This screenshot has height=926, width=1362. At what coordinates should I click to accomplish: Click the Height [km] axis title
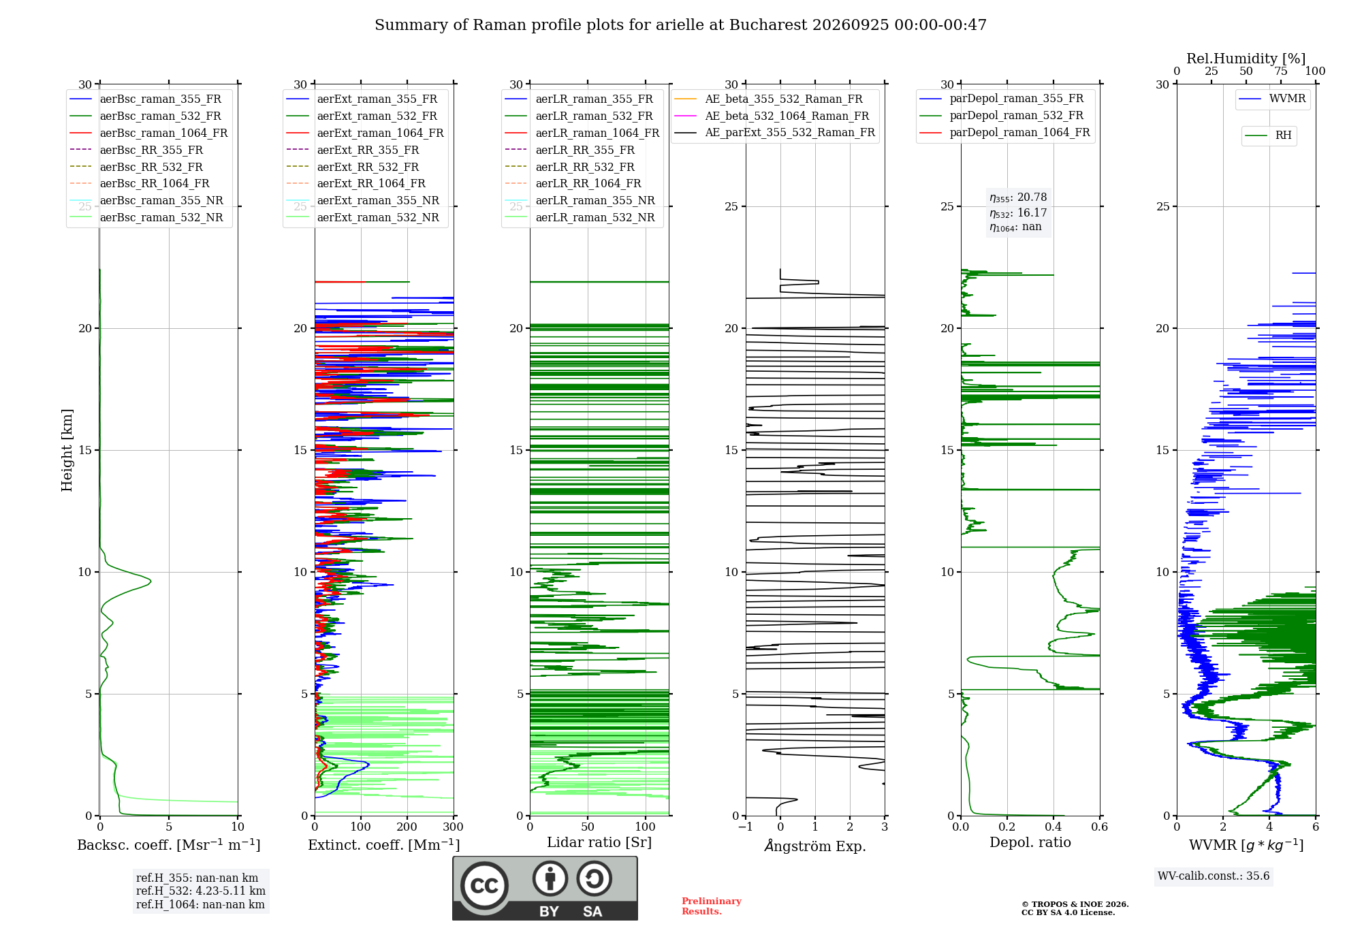[67, 450]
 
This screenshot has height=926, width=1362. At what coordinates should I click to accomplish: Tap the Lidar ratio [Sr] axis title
[599, 843]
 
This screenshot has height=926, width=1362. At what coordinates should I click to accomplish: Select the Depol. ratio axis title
[1030, 843]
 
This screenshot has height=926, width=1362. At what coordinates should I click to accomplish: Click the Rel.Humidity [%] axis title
[1246, 59]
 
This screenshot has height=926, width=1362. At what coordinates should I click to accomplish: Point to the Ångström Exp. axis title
[815, 846]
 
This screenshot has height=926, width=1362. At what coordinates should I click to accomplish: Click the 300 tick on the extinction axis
[453, 827]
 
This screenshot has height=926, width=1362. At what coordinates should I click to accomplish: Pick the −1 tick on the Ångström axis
[745, 827]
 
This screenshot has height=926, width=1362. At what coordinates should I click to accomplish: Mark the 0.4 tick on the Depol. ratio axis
[1054, 827]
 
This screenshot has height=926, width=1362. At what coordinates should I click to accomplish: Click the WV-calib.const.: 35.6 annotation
[1214, 876]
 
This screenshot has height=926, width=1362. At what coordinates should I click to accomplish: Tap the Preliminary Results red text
[712, 906]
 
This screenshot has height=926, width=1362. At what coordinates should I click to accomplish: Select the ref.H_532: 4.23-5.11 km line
[201, 891]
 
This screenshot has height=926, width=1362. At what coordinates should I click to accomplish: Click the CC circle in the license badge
[484, 886]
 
